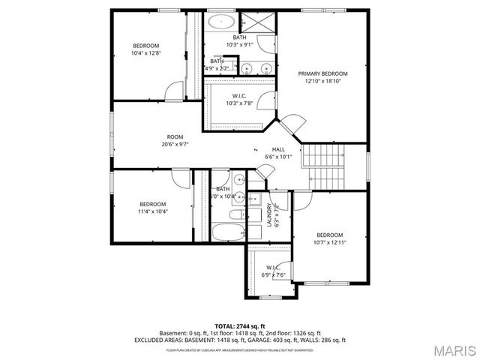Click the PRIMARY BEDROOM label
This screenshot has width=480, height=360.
[323, 73]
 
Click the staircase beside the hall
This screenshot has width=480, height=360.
[322, 166]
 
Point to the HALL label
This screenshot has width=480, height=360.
[278, 149]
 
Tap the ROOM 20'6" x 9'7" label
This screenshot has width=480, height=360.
[175, 136]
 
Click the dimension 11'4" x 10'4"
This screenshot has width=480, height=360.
[153, 211]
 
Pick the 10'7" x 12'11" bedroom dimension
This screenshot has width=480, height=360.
[329, 242]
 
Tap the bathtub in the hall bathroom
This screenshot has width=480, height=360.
[227, 230]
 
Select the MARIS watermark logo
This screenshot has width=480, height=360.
[449, 350]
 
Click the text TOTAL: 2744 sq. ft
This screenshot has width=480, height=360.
[239, 325]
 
